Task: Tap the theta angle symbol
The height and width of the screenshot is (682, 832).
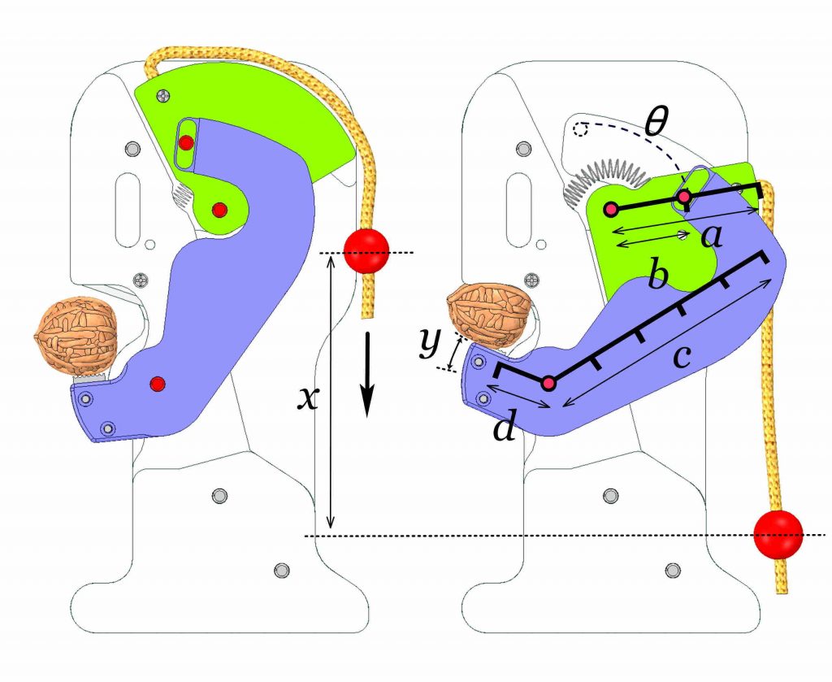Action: coord(654,122)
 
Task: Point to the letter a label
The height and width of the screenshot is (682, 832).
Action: coord(712,237)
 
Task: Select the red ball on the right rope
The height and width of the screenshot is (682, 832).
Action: coord(778,535)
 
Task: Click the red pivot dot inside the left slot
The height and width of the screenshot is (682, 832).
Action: coord(186,143)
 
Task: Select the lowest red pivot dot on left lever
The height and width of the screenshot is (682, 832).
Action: coord(158,383)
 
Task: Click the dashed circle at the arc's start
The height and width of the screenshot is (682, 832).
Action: coord(580,128)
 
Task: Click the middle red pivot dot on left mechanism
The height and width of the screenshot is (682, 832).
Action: coord(219,210)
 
